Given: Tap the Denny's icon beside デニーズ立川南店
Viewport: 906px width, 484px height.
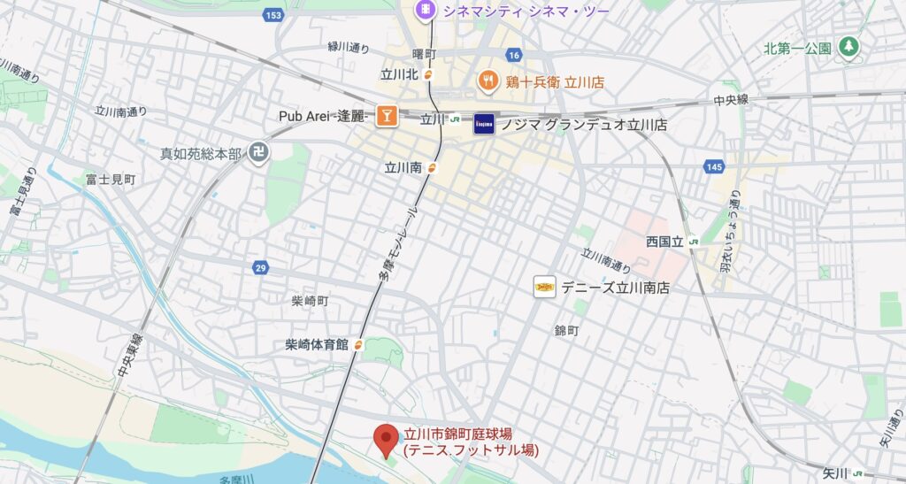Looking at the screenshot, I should point(545,287).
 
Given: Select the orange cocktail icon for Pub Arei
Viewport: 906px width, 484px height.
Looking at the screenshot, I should point(386,116).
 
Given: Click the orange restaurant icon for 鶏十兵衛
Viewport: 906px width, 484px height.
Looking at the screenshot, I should point(487,81).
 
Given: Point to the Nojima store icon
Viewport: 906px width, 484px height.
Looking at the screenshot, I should point(484,123).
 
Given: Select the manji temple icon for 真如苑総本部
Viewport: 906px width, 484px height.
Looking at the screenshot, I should point(259,153).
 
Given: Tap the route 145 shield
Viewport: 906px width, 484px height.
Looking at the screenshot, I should point(715,166).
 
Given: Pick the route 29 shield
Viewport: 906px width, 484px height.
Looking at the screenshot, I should point(261,267).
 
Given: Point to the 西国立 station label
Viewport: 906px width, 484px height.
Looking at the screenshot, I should point(666,241).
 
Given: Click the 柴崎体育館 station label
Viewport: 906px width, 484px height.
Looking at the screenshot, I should point(317,344).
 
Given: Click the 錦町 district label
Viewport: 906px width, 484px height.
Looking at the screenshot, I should point(566,330).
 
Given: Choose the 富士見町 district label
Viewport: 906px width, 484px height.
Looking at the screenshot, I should point(111,179).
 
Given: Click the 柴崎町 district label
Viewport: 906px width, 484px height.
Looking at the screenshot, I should point(310,301).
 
